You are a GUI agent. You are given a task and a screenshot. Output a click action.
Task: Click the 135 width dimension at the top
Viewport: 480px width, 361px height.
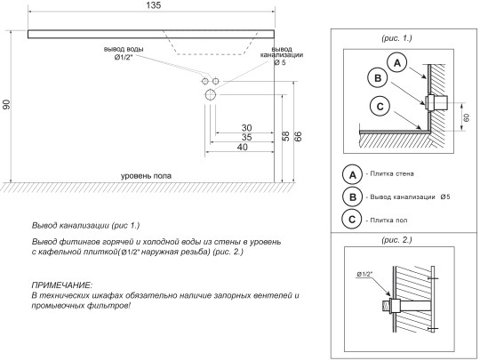(154, 5)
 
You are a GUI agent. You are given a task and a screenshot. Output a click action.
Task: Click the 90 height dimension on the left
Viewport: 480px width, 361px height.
(6, 104)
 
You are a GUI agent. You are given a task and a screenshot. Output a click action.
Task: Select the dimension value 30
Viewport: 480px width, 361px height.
(246, 128)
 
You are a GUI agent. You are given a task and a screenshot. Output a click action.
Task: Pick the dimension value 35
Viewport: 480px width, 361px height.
(246, 137)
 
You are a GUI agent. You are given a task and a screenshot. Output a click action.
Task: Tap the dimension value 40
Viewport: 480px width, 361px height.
(242, 147)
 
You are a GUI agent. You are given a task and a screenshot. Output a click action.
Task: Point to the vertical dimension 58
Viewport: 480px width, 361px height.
(285, 136)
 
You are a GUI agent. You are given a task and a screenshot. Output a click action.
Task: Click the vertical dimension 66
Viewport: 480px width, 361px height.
(298, 136)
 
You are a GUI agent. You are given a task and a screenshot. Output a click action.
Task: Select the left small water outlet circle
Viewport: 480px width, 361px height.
(204, 81)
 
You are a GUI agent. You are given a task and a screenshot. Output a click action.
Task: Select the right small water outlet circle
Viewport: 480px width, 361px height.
(216, 81)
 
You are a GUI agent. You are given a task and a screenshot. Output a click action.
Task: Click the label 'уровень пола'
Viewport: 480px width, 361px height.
(146, 176)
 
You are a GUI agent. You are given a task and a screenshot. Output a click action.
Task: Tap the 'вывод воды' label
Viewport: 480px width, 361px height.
(124, 49)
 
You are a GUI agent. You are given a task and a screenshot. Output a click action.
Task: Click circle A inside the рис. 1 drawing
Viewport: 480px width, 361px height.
(397, 63)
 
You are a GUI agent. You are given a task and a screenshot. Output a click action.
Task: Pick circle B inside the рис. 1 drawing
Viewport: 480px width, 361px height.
(378, 77)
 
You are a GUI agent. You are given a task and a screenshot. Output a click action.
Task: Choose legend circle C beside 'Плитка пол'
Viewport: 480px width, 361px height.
(352, 220)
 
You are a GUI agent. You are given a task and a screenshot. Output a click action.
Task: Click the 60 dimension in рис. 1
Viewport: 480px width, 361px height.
(467, 117)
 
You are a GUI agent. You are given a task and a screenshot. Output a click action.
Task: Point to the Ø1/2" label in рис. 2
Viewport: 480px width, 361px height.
(364, 274)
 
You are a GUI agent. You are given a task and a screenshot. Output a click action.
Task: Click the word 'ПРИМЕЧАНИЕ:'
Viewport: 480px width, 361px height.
(62, 285)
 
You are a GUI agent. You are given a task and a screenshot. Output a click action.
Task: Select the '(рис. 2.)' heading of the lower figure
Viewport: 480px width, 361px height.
(396, 240)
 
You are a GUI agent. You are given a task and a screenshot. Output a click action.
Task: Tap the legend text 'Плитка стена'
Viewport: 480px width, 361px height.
(392, 173)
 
